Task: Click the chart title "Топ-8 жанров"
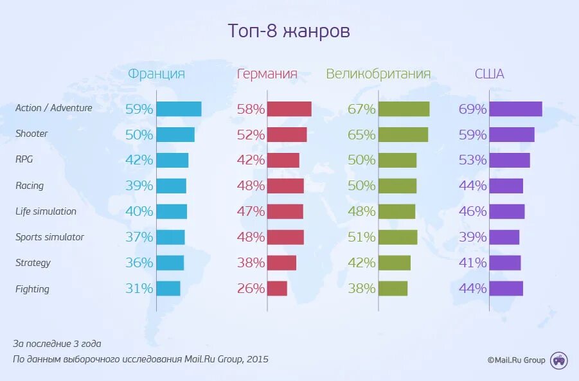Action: (289, 31)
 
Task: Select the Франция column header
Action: (156, 74)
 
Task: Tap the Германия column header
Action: (267, 74)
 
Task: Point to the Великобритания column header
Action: (378, 74)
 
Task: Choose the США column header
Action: (489, 74)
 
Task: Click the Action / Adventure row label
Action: (54, 108)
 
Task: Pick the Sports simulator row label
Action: (49, 237)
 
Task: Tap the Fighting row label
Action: (32, 289)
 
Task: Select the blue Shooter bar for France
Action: (175, 134)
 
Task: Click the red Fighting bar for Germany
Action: (278, 288)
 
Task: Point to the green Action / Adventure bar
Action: (404, 109)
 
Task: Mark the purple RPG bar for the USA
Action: (510, 160)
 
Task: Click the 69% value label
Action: (472, 109)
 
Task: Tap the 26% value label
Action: (251, 288)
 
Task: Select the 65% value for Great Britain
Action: (361, 135)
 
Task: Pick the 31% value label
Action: (139, 288)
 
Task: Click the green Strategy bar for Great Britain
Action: (395, 263)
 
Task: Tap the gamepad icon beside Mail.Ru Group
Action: (559, 360)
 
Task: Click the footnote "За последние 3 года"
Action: (57, 344)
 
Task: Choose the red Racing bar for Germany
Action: (286, 186)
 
